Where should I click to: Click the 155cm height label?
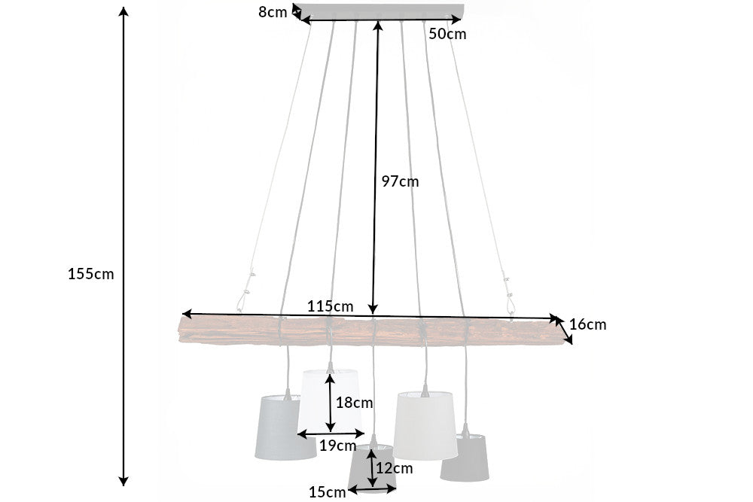click(x=91, y=274)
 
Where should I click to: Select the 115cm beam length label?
click(x=331, y=306)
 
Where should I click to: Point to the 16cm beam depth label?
click(x=588, y=325)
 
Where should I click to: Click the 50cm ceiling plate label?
click(x=447, y=34)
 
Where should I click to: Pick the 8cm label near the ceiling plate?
click(x=272, y=12)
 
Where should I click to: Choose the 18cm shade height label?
click(x=354, y=403)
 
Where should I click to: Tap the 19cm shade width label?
click(x=337, y=445)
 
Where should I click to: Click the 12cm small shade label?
click(x=395, y=468)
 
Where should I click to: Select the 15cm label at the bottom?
click(x=327, y=492)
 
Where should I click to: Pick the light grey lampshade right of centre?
click(x=426, y=425)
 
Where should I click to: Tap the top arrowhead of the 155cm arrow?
click(x=124, y=11)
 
